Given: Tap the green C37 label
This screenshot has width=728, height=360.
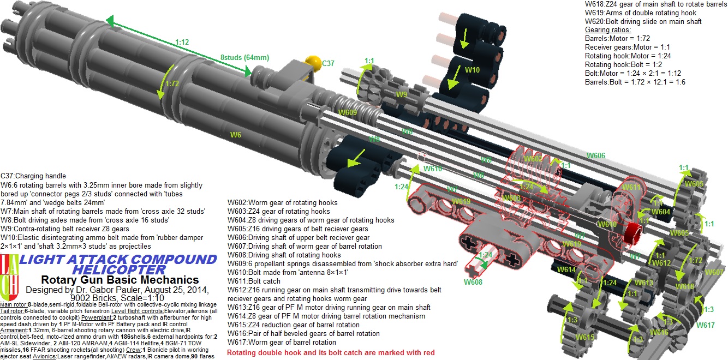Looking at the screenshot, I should tap(329, 63).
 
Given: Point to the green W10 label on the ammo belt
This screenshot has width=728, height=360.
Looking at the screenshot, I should tap(472, 70).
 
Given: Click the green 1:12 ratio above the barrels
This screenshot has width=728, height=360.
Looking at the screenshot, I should tap(182, 41).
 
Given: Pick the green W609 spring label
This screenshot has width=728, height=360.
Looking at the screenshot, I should tap(348, 112).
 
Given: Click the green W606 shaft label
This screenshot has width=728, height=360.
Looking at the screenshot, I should tap(595, 155).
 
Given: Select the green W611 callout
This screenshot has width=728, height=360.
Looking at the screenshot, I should tap(631, 187).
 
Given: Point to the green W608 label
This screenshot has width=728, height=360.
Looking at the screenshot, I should tap(473, 282).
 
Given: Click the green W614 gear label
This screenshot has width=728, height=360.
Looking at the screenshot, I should tap(566, 269).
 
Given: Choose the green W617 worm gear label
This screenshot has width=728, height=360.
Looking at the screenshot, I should tap(705, 325).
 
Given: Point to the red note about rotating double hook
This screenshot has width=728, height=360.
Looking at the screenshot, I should tap(331, 353).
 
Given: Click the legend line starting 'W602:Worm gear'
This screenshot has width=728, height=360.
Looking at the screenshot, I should tap(282, 203).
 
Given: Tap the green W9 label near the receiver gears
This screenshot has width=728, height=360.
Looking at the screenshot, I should tap(402, 94).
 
